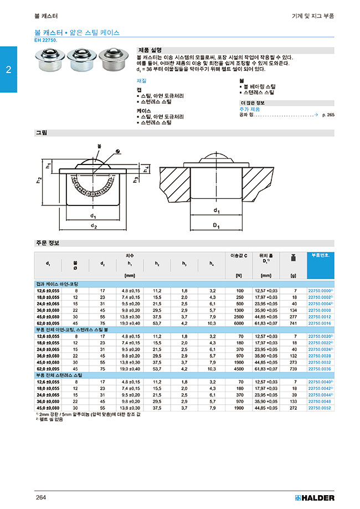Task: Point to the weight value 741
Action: (x=295, y=323)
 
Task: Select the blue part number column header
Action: (x=320, y=255)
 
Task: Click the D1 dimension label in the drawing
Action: (x=217, y=226)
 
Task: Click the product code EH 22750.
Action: (x=49, y=40)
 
